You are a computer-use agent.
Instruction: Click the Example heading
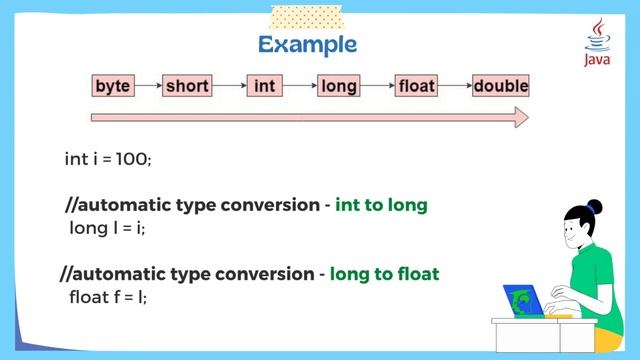pyautogui.click(x=307, y=45)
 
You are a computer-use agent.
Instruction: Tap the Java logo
pyautogui.click(x=599, y=44)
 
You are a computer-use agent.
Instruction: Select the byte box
pyautogui.click(x=113, y=86)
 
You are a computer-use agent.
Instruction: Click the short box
pyautogui.click(x=187, y=86)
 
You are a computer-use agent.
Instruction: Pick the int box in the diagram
pyautogui.click(x=264, y=86)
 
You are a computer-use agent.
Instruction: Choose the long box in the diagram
pyautogui.click(x=339, y=86)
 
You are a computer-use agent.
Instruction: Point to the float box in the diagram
pyautogui.click(x=416, y=86)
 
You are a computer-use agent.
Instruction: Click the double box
pyautogui.click(x=500, y=86)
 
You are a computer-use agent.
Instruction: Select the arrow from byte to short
pyautogui.click(x=148, y=86)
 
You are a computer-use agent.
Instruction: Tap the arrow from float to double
pyautogui.click(x=455, y=86)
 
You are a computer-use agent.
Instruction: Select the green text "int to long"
pyautogui.click(x=381, y=205)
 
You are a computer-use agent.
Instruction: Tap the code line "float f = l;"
pyautogui.click(x=108, y=297)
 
